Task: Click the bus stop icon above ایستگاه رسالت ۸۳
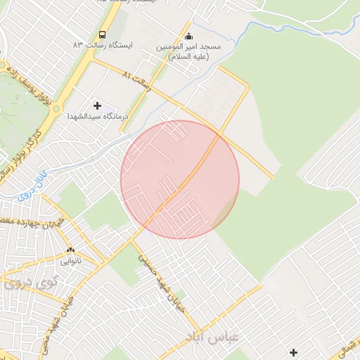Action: (103, 34)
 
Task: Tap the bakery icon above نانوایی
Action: (70, 250)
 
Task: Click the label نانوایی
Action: (70, 261)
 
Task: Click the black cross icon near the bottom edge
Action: (293, 352)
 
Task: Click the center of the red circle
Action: (180, 179)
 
